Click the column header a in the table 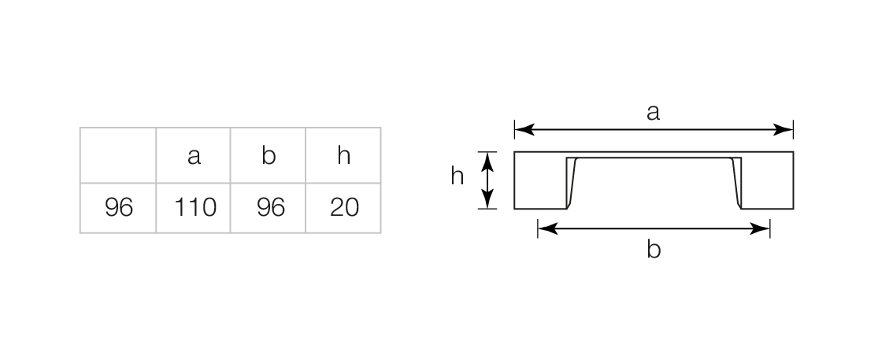coord(194,156)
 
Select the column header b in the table coord(269,155)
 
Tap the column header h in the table coord(344,155)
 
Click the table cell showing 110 coord(194,207)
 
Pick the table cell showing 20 coord(344,207)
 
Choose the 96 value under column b coord(270,207)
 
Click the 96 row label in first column coord(119,207)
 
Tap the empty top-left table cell coord(118,155)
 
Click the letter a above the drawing coord(653,113)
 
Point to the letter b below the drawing coord(654,248)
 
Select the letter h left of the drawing coord(457,176)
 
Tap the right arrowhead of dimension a coord(784,130)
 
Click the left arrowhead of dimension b coord(547,228)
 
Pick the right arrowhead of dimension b coord(760,228)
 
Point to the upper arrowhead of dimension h coord(487,161)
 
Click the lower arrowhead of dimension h coord(487,199)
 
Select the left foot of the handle coord(540,180)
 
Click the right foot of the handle coord(767,180)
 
